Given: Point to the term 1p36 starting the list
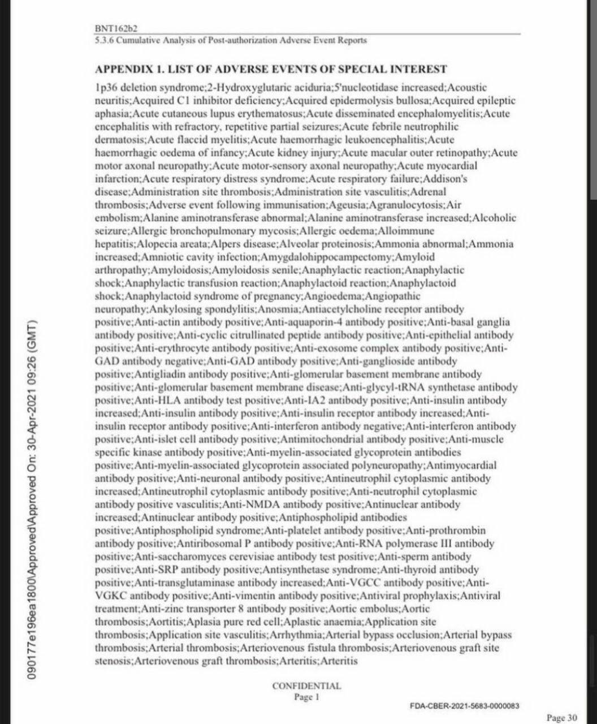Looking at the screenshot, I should (106, 88).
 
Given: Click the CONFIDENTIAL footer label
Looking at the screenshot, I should (306, 686).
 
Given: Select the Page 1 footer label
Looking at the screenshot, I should (306, 697).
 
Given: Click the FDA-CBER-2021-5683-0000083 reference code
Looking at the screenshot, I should (464, 706).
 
